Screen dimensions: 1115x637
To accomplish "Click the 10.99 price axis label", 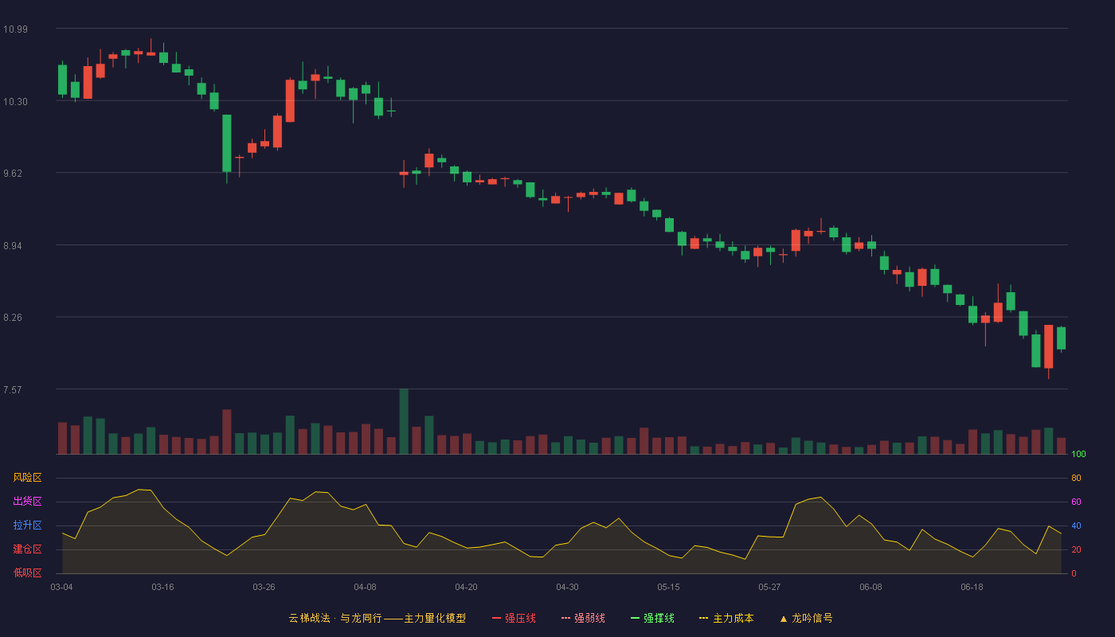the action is coord(15,29).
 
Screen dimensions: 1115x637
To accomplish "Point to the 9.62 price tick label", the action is coord(13,174).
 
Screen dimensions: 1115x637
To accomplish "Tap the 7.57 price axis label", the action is coord(13,389).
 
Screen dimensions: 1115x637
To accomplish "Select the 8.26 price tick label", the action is coord(13,318).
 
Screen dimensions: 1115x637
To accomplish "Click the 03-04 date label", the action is coord(62,588).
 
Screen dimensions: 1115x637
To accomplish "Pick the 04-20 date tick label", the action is coord(467,588).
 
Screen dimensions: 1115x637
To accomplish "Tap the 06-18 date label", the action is coord(972,588).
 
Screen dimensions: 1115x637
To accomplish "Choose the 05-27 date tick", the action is coord(769,588).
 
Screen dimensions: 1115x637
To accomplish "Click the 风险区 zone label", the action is coord(27,478).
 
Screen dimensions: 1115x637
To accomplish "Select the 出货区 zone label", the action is coord(27,501).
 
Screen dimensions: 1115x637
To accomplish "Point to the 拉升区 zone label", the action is coord(27,525).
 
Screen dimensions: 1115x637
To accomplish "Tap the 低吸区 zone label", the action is coord(27,573).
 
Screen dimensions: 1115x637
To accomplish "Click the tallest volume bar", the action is coord(404,421).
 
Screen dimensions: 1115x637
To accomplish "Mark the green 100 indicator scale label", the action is coord(1078,454).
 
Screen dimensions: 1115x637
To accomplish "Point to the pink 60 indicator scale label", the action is coord(1076,502).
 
